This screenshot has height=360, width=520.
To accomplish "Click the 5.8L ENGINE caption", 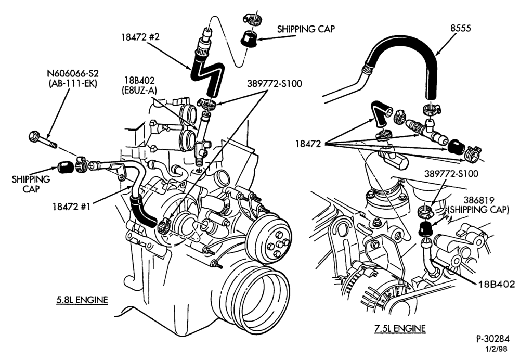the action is click(82, 300).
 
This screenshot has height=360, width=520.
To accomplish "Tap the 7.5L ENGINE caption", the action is click(400, 328).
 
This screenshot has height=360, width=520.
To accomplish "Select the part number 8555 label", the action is click(460, 28).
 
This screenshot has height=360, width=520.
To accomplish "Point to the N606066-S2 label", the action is click(73, 73).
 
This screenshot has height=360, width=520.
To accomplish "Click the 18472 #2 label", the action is click(140, 37).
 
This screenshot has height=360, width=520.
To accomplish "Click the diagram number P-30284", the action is click(492, 339).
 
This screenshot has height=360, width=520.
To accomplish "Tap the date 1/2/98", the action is click(496, 349).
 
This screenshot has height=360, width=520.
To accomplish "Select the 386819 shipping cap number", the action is click(479, 200).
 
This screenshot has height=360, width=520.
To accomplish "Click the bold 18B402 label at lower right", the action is click(497, 284).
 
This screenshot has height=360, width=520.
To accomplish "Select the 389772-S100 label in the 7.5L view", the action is click(451, 174).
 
